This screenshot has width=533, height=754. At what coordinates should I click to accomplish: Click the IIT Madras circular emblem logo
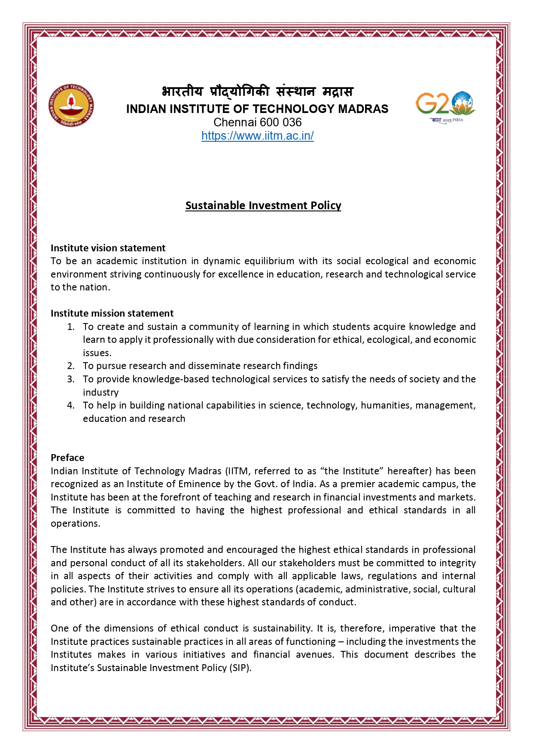click(x=71, y=105)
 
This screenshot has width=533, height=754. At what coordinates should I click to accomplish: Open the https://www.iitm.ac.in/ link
click(x=257, y=136)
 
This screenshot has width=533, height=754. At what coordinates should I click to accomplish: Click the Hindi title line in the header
click(x=257, y=92)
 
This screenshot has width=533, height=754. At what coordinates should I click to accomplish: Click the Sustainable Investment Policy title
click(x=263, y=205)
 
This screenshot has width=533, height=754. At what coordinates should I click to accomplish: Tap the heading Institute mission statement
click(x=112, y=313)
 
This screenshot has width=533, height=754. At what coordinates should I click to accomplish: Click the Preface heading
click(x=67, y=458)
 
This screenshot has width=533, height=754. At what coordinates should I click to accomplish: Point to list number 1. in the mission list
click(x=71, y=327)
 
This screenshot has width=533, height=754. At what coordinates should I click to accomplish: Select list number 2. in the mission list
click(x=71, y=366)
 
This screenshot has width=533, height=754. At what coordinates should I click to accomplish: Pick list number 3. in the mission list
click(x=71, y=379)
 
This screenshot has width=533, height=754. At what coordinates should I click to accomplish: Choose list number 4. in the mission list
click(x=71, y=405)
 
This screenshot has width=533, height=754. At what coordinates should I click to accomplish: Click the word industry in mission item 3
click(x=101, y=392)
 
